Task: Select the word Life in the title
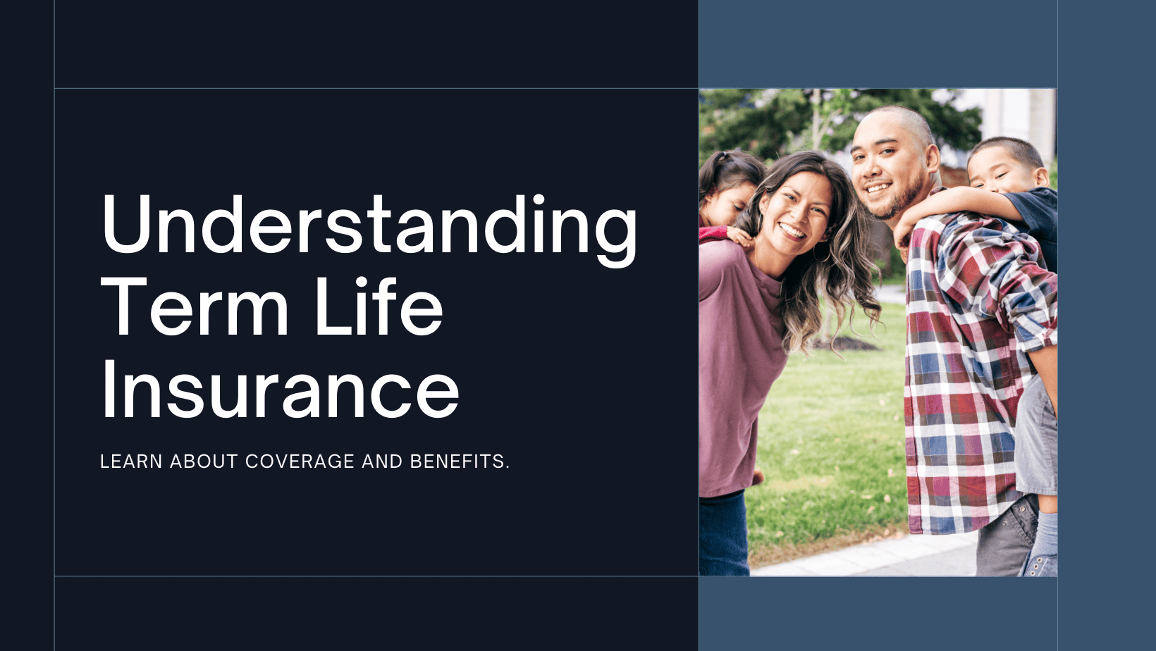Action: pyautogui.click(x=379, y=308)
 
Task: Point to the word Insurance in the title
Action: pyautogui.click(x=280, y=391)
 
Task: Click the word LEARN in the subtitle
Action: pyautogui.click(x=131, y=461)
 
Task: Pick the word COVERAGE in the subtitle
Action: pyautogui.click(x=300, y=461)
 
